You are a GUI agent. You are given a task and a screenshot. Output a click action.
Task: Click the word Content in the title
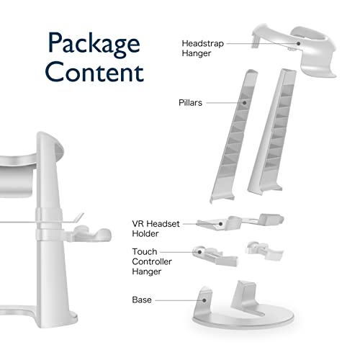(x=94, y=71)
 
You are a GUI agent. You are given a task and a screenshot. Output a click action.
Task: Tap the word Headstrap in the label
(x=203, y=44)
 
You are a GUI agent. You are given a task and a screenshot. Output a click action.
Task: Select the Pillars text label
(x=190, y=103)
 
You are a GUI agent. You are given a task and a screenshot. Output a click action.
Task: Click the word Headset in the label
(x=163, y=224)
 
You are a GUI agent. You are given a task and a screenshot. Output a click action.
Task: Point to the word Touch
(x=145, y=251)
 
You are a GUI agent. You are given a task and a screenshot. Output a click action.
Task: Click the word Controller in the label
(x=152, y=261)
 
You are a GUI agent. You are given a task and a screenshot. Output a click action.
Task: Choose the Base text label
(x=142, y=300)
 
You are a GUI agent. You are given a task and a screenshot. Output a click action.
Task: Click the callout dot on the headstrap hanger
(x=298, y=43)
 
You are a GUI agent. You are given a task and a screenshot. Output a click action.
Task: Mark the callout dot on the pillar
(x=244, y=103)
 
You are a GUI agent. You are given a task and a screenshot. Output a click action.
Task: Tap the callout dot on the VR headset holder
(x=220, y=224)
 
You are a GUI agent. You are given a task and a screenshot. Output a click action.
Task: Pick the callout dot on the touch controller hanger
(x=199, y=252)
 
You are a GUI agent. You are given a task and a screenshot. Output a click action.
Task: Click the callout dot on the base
(x=204, y=300)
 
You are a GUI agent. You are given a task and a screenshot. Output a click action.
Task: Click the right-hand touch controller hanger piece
(x=264, y=251)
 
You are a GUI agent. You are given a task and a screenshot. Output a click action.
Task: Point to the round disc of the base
(x=243, y=318)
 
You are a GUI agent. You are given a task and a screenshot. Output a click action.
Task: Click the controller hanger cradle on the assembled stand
(x=91, y=234)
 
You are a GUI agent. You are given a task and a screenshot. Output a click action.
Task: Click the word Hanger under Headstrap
(x=197, y=53)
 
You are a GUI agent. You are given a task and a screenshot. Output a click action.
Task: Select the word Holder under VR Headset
(x=145, y=233)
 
